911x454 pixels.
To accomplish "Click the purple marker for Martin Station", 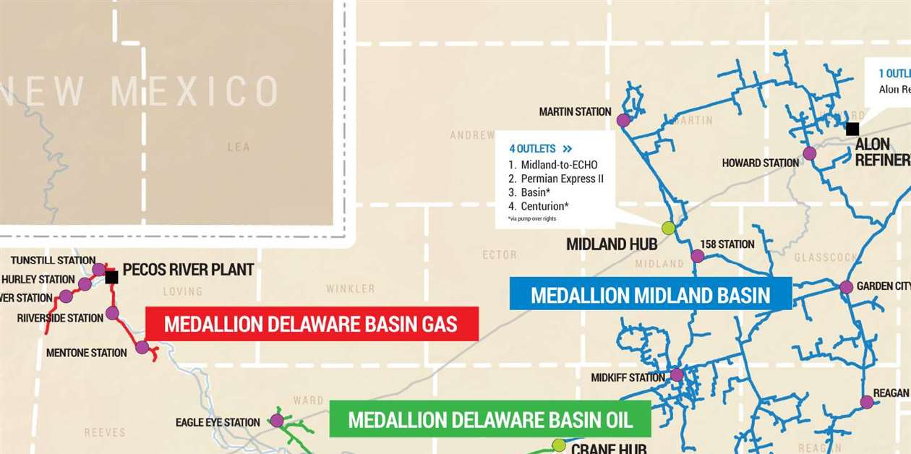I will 623,121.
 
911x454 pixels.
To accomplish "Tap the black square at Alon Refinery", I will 852,129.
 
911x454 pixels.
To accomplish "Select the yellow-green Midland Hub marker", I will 668,228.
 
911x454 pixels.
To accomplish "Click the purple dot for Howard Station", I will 810,153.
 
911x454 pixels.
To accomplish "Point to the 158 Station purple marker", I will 697,256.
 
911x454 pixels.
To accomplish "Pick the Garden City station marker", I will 846,287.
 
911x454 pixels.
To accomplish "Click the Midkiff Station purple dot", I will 677,374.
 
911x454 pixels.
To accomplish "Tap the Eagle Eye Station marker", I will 276,420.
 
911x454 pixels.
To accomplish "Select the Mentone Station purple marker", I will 142,347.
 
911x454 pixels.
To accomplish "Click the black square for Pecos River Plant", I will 111,277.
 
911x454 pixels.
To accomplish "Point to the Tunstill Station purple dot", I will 98,270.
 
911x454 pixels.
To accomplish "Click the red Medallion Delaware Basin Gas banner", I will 312,324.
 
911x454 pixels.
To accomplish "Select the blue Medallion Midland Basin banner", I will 650,294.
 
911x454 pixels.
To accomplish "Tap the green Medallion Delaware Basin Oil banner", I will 490,419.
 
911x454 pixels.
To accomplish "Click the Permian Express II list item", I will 562,179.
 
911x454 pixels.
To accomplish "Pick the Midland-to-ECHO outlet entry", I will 559,165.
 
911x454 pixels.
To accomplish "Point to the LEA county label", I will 239,147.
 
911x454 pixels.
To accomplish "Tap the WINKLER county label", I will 350,288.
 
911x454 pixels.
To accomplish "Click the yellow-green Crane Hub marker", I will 558,445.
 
